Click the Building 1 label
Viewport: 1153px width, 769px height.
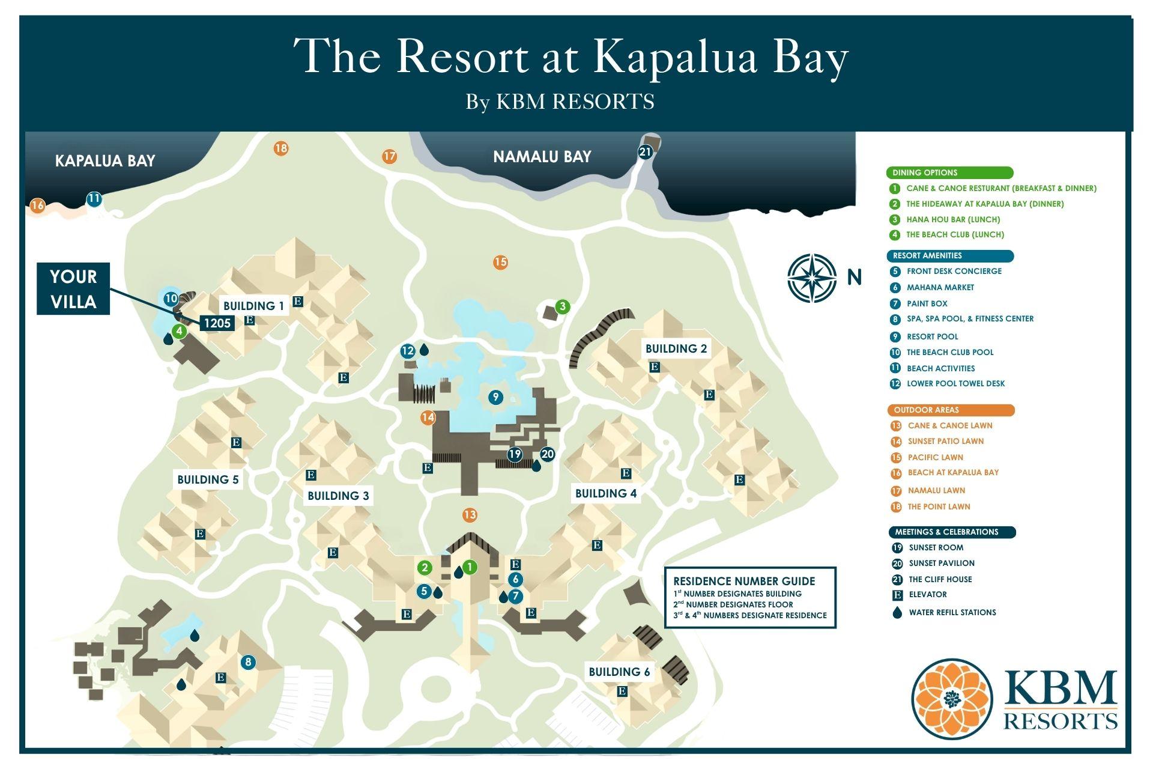[253, 306]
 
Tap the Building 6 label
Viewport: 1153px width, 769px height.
[619, 672]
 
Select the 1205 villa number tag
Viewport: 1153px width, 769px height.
[217, 323]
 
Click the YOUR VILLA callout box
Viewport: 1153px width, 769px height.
[73, 289]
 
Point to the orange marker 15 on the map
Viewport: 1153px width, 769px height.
[500, 262]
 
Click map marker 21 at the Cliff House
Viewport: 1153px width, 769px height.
[645, 152]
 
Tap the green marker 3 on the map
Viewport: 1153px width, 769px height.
[562, 306]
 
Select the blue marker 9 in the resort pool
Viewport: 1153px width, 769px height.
[495, 397]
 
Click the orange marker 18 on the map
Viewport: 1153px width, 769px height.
[280, 148]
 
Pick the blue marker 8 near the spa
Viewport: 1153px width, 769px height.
[247, 663]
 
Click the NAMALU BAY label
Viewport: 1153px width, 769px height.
[542, 157]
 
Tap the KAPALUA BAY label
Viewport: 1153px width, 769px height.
[105, 161]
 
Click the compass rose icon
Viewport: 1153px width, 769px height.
[812, 278]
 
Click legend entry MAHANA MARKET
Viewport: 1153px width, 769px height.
[940, 288]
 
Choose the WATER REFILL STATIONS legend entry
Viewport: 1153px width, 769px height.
[952, 613]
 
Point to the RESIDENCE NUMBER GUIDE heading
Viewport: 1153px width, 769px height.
[744, 581]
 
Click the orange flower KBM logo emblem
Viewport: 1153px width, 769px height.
[952, 699]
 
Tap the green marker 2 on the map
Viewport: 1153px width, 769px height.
[425, 568]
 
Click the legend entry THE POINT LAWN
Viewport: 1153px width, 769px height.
[938, 507]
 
